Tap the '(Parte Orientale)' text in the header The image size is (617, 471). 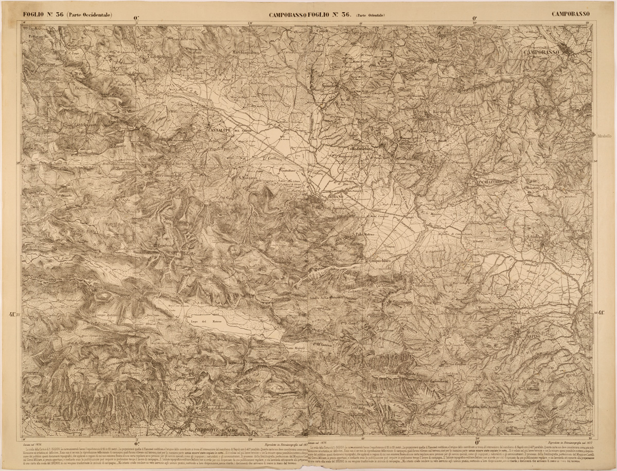tap(369, 15)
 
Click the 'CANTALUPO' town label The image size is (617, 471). tap(222, 131)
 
